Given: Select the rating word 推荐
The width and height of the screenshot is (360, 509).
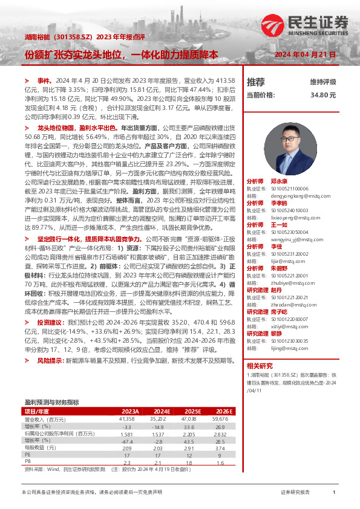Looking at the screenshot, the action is coord(256,82).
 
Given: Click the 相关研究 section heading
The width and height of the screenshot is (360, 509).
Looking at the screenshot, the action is coord(260,366).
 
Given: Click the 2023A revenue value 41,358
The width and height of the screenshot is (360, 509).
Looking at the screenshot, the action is coord(126,418).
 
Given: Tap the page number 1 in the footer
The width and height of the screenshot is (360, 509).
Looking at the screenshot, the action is coord(333,493).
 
